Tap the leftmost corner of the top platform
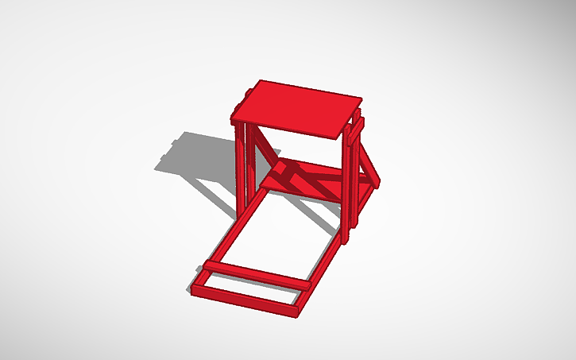(x=234, y=121)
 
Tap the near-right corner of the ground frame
(x=297, y=312)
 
